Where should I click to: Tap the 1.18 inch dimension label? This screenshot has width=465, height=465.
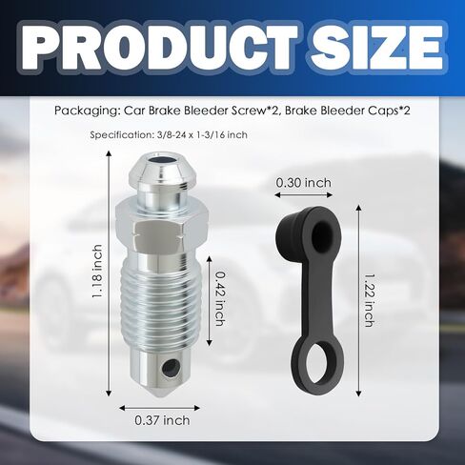[x=98, y=272]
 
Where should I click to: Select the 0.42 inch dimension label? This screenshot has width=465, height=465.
[x=220, y=298]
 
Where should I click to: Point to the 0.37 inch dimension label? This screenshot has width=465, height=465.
[x=162, y=420]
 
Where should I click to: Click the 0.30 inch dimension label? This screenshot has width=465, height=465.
[x=303, y=183]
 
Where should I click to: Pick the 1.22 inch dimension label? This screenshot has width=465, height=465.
[x=369, y=300]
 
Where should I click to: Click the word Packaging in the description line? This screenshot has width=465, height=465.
[x=87, y=111]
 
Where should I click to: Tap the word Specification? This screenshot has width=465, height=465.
[x=122, y=134]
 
